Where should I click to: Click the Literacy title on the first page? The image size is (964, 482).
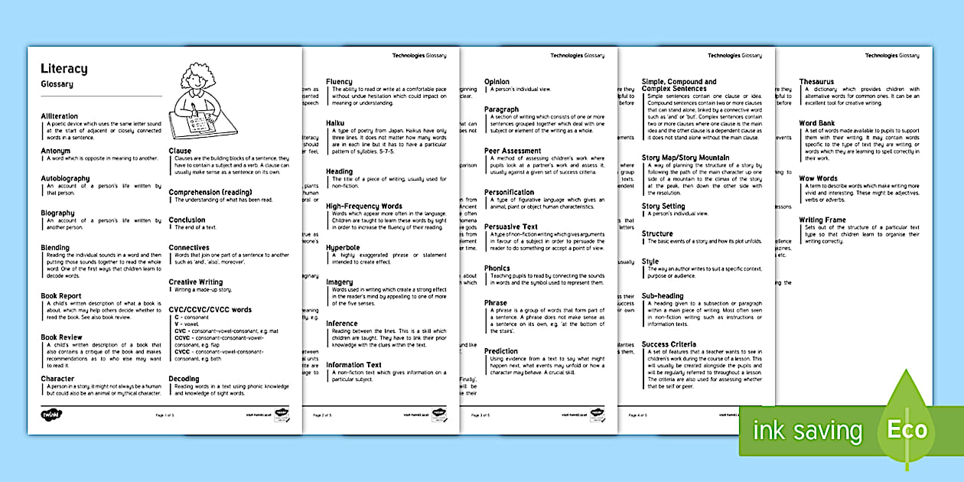tap(64, 69)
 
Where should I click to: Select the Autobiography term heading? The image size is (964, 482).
tap(65, 178)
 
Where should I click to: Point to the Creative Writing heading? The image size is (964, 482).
tap(196, 282)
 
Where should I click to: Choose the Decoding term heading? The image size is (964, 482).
tap(184, 379)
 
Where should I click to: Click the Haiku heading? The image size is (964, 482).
tap(335, 123)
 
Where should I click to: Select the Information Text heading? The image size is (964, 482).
tap(353, 365)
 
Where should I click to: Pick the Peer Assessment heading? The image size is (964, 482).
tap(513, 151)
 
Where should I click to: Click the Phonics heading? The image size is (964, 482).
tap(497, 269)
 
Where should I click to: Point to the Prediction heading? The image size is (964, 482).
tap(501, 351)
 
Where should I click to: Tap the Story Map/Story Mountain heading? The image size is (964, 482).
tap(686, 158)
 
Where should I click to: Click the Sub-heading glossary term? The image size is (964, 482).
tap(663, 296)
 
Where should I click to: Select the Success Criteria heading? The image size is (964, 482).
tap(669, 344)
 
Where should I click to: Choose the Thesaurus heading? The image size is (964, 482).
tap(816, 82)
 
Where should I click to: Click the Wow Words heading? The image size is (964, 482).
tap(819, 179)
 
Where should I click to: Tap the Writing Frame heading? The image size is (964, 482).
tap(822, 220)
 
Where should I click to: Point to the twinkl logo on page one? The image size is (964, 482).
tap(50, 414)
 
